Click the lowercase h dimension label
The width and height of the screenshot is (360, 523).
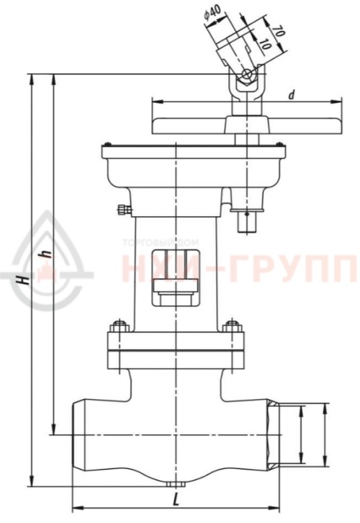pyautogui.click(x=45, y=254)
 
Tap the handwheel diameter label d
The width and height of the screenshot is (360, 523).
pyautogui.click(x=291, y=94)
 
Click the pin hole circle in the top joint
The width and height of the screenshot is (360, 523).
pyautogui.click(x=246, y=74)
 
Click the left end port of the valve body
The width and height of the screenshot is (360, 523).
pyautogui.click(x=76, y=435)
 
